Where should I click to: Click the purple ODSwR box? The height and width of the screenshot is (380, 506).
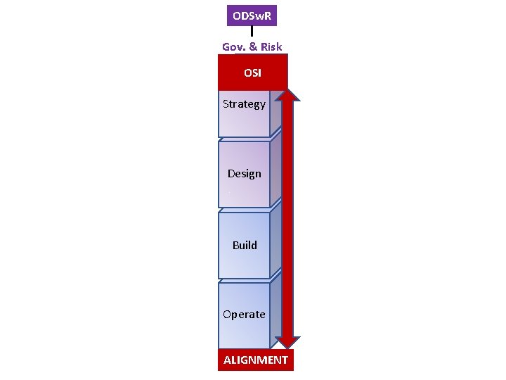(x=252, y=15)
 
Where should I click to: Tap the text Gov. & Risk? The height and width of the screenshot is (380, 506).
(x=252, y=46)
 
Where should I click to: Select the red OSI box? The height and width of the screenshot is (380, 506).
(x=252, y=72)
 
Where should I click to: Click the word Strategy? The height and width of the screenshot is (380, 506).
(x=244, y=104)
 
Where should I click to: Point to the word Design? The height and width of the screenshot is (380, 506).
(x=244, y=174)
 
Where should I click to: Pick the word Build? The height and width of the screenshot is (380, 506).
(x=245, y=246)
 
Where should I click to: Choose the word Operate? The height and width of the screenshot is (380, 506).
(x=244, y=315)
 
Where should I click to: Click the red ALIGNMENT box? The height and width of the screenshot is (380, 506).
(x=255, y=360)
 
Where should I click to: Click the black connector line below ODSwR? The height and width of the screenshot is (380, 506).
(x=252, y=32)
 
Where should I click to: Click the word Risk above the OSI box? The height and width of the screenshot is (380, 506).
(x=271, y=46)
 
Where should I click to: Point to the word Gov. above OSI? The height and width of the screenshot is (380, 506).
(x=234, y=46)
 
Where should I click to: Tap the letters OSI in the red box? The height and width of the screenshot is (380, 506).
(x=252, y=73)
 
